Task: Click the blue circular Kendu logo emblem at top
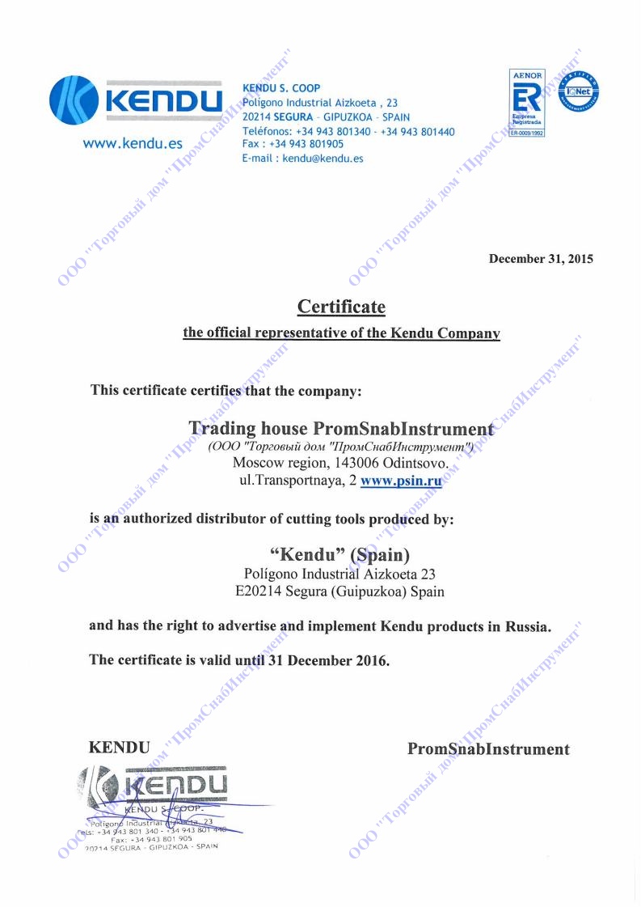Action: tap(74, 101)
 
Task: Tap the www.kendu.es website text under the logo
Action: tap(133, 145)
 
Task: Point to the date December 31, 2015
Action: tap(541, 259)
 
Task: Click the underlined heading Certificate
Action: tap(341, 307)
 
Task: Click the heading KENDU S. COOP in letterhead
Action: tap(281, 88)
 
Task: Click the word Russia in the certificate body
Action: tap(526, 626)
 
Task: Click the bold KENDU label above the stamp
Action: tap(119, 748)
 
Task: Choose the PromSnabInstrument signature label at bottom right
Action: tap(488, 748)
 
